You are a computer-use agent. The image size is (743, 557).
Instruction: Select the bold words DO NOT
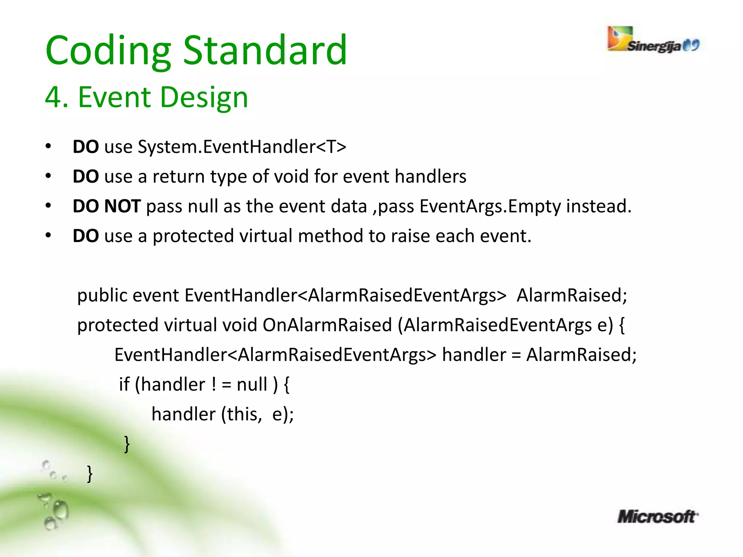tap(107, 206)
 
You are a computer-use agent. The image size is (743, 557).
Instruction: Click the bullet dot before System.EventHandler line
tap(48, 147)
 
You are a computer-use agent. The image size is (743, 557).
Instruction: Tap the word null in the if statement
tap(252, 384)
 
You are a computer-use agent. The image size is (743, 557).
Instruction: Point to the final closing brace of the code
tap(90, 474)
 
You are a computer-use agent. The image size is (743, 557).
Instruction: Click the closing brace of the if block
tap(127, 444)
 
